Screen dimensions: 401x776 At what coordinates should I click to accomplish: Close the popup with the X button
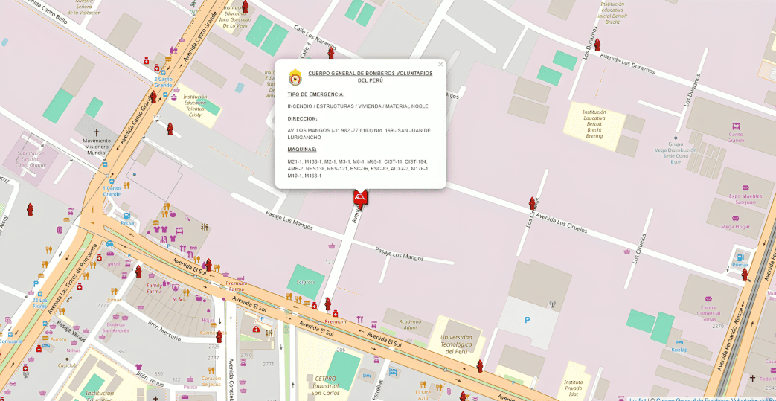(x=440, y=65)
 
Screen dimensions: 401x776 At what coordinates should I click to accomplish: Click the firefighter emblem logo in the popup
(x=295, y=77)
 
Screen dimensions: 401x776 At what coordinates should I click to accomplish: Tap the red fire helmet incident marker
(x=361, y=197)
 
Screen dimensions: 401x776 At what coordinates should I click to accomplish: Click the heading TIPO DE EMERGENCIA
(x=315, y=94)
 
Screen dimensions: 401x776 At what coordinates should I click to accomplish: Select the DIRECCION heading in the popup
(x=302, y=118)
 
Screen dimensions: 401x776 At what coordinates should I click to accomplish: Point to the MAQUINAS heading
(x=302, y=150)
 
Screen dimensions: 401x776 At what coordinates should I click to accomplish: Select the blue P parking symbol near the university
(x=528, y=320)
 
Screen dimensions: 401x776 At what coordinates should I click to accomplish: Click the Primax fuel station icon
(x=740, y=257)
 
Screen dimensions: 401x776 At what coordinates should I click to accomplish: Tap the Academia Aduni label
(x=398, y=322)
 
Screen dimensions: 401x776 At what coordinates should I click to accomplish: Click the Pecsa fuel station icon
(x=127, y=215)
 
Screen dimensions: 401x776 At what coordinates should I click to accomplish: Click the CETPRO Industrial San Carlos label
(x=327, y=385)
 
